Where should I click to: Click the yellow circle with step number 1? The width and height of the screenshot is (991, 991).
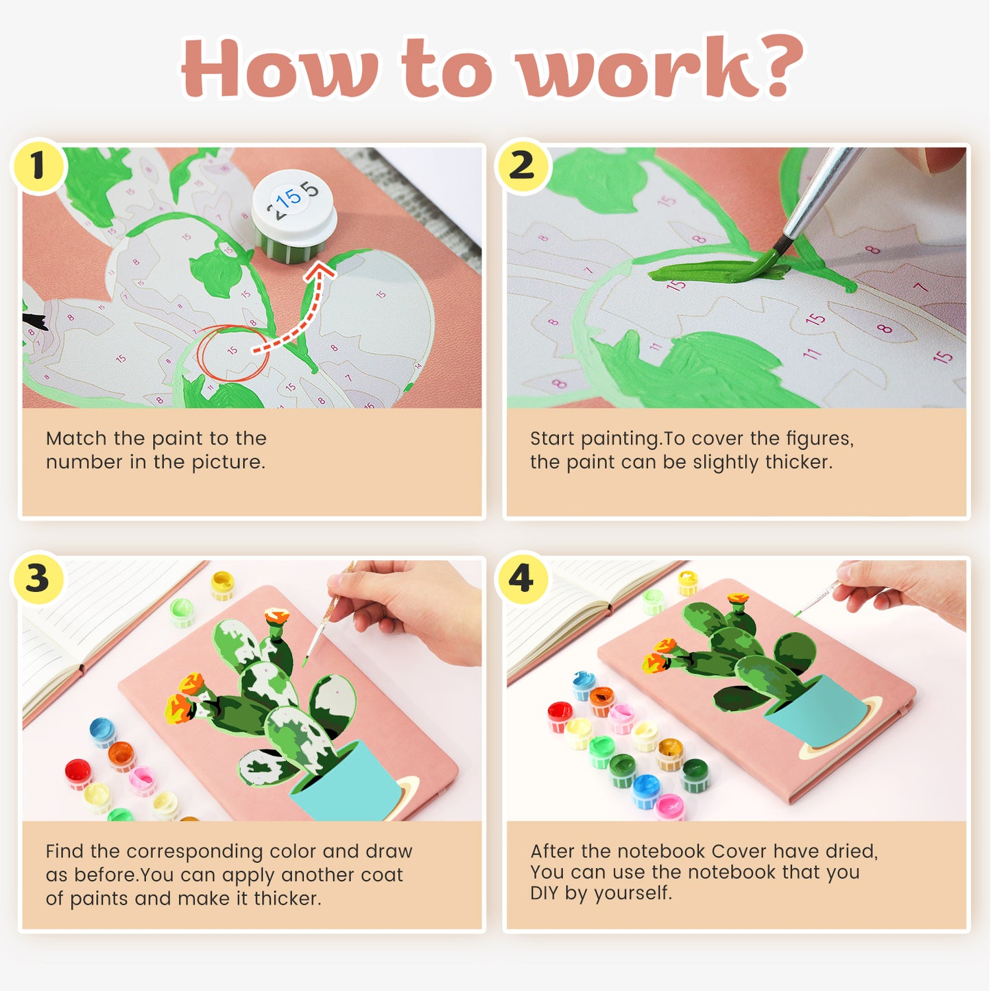[x=38, y=165]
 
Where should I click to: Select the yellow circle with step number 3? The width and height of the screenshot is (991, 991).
[x=38, y=578]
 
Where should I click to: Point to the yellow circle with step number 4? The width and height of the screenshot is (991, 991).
[x=521, y=578]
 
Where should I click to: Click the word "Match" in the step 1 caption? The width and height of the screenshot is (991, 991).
[x=76, y=439]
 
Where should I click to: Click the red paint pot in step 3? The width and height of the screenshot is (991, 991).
[x=79, y=774]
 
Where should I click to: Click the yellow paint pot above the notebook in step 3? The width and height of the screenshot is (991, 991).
[x=223, y=585]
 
